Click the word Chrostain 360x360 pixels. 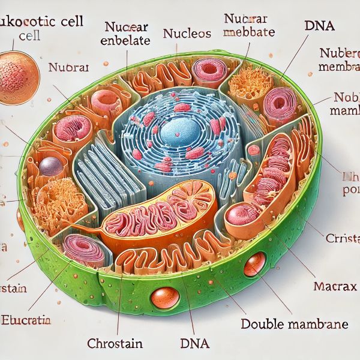114,344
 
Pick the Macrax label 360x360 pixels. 331,285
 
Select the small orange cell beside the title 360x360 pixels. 20,77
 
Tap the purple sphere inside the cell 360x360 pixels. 52,166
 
